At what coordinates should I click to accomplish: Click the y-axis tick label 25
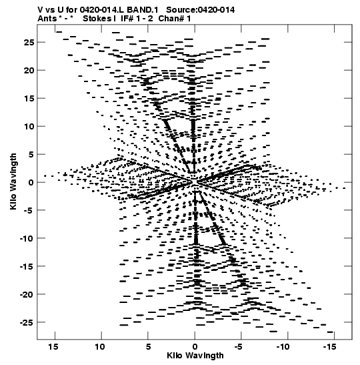pyautogui.click(x=29, y=42)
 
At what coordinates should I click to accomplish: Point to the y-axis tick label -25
pyautogui.click(x=27, y=322)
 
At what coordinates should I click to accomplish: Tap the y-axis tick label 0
pyautogui.click(x=31, y=182)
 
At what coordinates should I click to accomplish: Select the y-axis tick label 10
pyautogui.click(x=29, y=126)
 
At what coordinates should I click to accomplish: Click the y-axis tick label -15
pyautogui.click(x=27, y=266)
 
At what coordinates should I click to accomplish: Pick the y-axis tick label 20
pyautogui.click(x=29, y=70)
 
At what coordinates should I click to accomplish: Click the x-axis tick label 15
pyautogui.click(x=53, y=347)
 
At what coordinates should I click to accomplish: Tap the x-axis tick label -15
pyautogui.click(x=330, y=347)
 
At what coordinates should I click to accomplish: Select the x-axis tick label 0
pyautogui.click(x=195, y=347)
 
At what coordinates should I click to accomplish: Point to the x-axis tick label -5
pyautogui.click(x=239, y=347)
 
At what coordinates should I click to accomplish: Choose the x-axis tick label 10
pyautogui.click(x=100, y=347)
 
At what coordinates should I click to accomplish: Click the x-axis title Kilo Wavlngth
pyautogui.click(x=195, y=356)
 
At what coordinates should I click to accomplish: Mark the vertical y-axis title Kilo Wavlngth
pyautogui.click(x=13, y=181)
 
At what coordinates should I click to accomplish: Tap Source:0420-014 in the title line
pyautogui.click(x=201, y=10)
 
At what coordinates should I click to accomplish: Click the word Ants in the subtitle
pyautogui.click(x=47, y=19)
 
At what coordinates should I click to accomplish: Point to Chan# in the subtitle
pyautogui.click(x=171, y=19)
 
